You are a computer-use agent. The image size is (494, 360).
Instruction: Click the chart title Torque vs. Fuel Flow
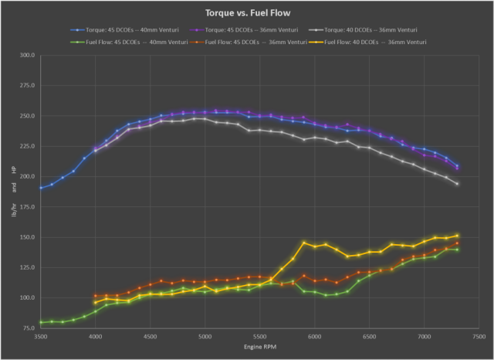[x=247, y=13]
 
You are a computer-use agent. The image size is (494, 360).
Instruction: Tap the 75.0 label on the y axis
[x=28, y=328]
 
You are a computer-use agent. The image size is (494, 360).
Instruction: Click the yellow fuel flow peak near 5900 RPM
[x=303, y=243]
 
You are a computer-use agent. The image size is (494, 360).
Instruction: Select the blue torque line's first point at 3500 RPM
[x=40, y=188]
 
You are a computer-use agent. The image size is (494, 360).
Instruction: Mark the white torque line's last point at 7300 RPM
[x=457, y=184]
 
